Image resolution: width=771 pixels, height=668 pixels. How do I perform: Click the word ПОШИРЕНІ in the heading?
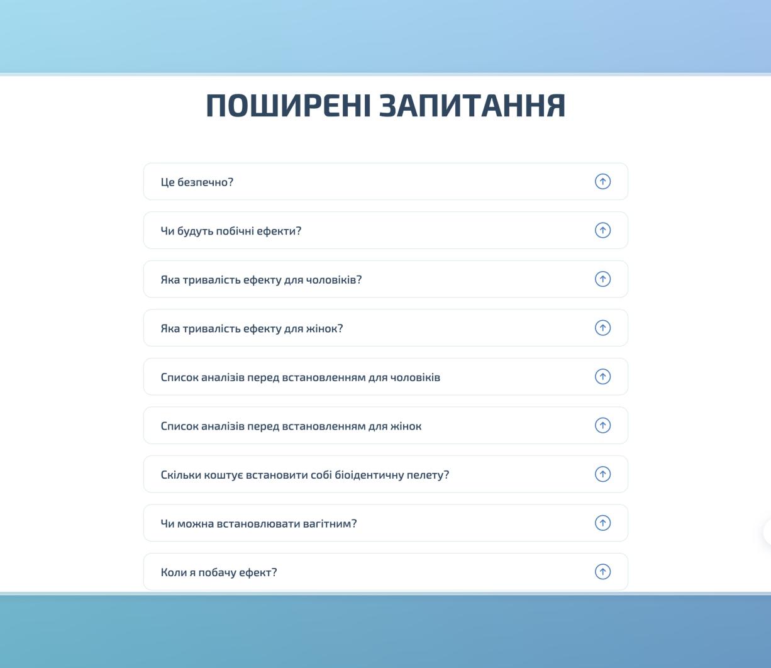point(289,106)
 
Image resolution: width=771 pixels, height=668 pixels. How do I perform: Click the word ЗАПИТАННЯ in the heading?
point(472,106)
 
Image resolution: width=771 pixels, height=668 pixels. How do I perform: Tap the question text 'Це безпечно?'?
point(197,182)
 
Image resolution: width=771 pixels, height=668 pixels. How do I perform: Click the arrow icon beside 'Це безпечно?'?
point(602,182)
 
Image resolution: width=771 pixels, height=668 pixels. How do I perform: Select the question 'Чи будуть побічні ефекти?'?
point(231,231)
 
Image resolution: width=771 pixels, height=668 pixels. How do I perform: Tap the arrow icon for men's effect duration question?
point(602,279)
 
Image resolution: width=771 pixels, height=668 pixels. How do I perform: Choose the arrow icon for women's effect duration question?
point(602,328)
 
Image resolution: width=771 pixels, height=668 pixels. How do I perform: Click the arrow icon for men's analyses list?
point(602,377)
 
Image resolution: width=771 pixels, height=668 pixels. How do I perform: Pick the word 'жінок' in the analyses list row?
point(406,426)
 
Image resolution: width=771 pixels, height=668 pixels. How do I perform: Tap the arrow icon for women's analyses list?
point(602,425)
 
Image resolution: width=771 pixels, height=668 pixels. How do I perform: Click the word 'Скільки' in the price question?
point(180,475)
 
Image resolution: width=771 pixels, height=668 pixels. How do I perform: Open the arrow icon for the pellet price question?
point(602,474)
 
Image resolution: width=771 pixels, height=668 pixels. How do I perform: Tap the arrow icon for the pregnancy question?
point(602,523)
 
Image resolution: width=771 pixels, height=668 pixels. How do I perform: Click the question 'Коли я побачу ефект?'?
point(219,572)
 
